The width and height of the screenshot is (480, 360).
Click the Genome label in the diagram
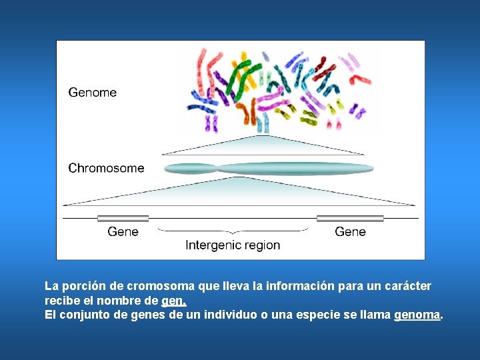pos(92,93)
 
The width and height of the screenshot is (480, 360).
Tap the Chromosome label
pos(106,168)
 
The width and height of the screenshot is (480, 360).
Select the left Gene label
pos(123,231)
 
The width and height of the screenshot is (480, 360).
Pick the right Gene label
pos(350,231)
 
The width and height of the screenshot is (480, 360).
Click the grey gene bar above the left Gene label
pos(123,218)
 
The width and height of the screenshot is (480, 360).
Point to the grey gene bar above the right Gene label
pos(350,218)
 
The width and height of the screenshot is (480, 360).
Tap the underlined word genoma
pos(417,315)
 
